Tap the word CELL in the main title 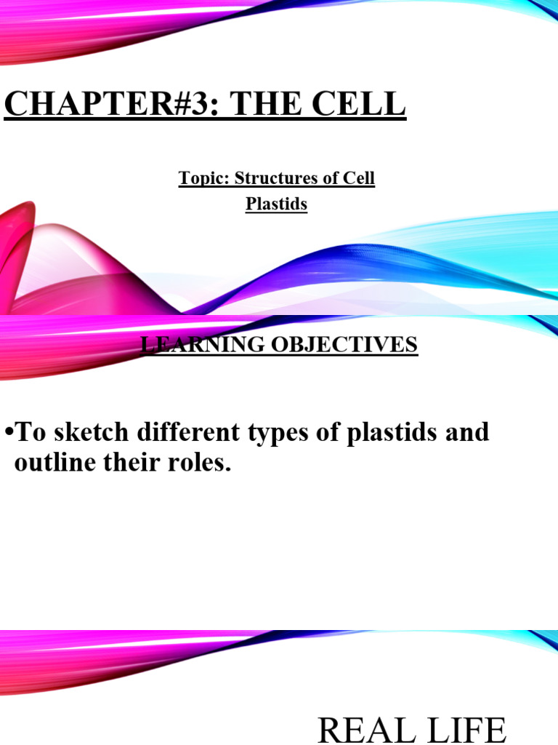coord(357,105)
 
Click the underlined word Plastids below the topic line coord(276,204)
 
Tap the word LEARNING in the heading coord(194,343)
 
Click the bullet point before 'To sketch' coord(8,433)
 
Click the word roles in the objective coord(200,463)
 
